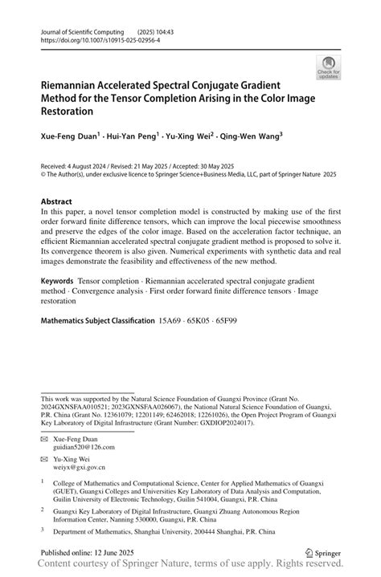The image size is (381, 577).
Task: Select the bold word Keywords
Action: point(62,282)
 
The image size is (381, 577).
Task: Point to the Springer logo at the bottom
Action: point(323,552)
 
